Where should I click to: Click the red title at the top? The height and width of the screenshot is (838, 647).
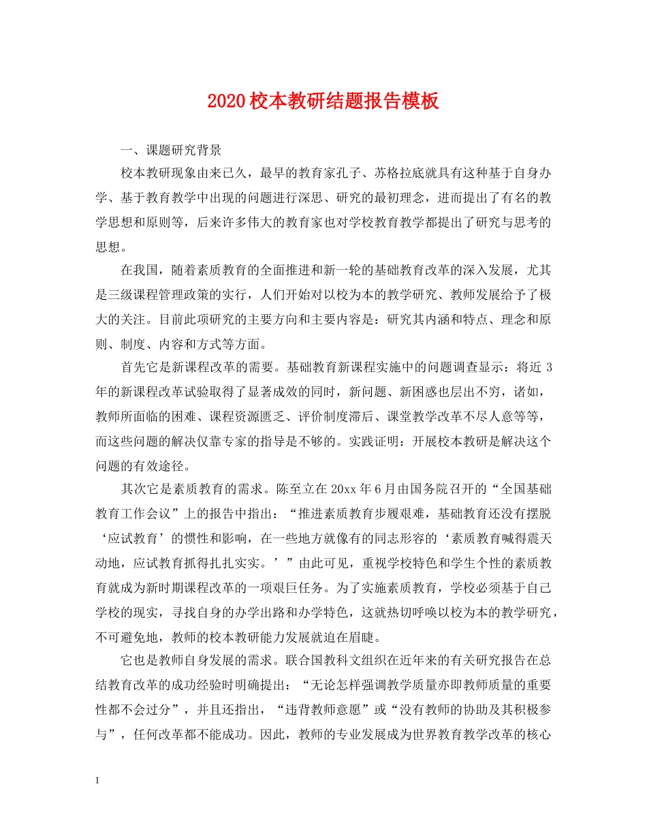click(x=323, y=102)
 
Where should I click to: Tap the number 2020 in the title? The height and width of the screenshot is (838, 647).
click(x=225, y=102)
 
